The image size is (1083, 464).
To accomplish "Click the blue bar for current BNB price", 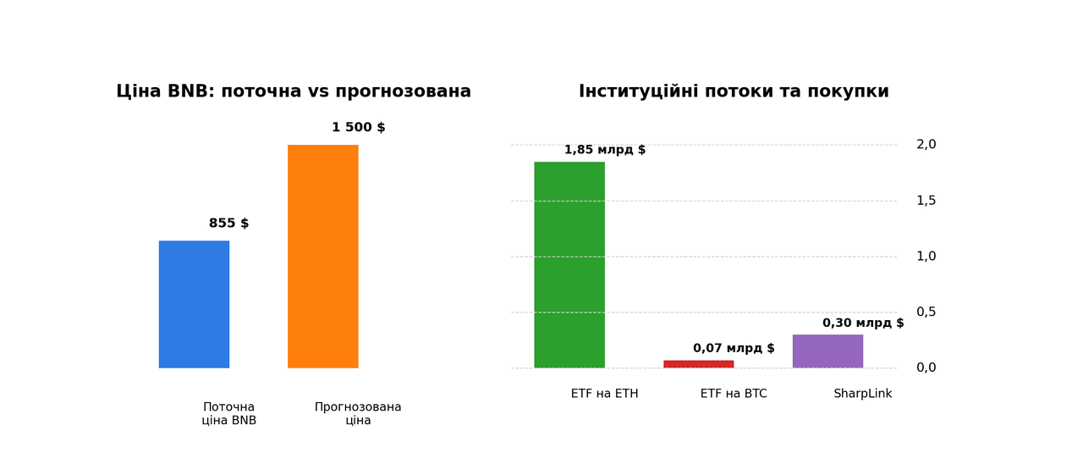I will [x=194, y=304].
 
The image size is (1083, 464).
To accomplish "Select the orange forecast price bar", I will [x=322, y=256].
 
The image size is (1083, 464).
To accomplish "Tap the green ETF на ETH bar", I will [x=569, y=264].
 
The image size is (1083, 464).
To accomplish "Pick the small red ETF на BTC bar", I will [x=698, y=364].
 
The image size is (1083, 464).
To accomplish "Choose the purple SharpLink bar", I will [x=827, y=351].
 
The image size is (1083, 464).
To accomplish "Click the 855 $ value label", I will [x=228, y=224].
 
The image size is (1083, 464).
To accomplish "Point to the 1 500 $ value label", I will [x=358, y=128].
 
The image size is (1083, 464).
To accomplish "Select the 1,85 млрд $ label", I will [x=605, y=150].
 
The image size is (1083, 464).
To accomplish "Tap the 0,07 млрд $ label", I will [x=734, y=348].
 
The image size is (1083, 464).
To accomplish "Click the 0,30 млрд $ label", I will [x=863, y=323].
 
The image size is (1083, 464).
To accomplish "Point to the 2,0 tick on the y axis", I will [x=926, y=145].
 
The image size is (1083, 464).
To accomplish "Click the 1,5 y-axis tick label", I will [x=926, y=201].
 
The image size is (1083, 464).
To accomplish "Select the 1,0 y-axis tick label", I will [x=926, y=257].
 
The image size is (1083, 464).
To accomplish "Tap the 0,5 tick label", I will [x=926, y=312].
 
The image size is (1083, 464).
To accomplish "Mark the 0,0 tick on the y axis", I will [x=926, y=367].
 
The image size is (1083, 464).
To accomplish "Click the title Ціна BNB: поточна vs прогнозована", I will [x=294, y=91].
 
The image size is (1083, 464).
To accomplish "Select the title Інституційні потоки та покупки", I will [x=734, y=91].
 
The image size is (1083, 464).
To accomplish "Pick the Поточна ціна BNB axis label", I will [x=228, y=413].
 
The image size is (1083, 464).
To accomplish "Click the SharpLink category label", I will [x=862, y=394].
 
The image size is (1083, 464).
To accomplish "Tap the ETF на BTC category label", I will [x=734, y=394].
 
